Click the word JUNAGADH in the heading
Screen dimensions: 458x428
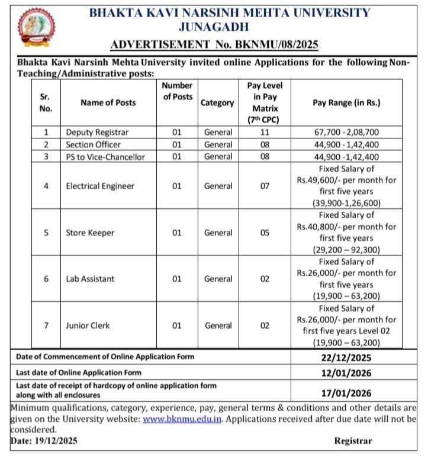pyautogui.click(x=214, y=27)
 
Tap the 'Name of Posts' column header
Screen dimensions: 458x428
pyautogui.click(x=108, y=102)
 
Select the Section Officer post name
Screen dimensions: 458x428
pyautogui.click(x=93, y=144)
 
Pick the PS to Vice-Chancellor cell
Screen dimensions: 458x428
pyautogui.click(x=105, y=156)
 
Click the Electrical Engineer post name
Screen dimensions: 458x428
pyautogui.click(x=100, y=186)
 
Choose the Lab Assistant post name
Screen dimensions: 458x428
pyautogui.click(x=90, y=279)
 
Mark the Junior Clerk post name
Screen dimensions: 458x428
pyautogui.click(x=88, y=325)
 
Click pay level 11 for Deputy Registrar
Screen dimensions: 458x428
pyautogui.click(x=265, y=132)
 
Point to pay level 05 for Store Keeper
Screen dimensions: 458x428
pyautogui.click(x=265, y=233)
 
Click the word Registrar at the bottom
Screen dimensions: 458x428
pyautogui.click(x=353, y=441)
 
